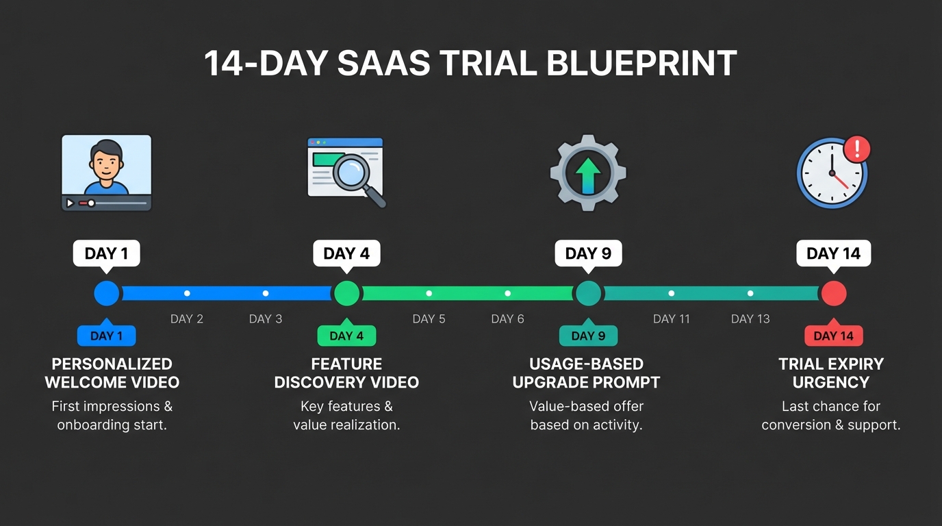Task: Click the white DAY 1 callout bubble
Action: coord(106,253)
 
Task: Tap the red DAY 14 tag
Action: coord(834,336)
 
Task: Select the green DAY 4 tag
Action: coord(346,336)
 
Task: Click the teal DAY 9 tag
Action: coord(588,336)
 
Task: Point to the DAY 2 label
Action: coord(187,319)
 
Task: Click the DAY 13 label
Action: coord(750,319)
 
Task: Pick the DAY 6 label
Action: coord(507,319)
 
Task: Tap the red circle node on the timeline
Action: coord(834,293)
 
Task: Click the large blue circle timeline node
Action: coord(106,293)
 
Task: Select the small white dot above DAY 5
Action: coord(429,293)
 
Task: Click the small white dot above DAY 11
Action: coord(671,293)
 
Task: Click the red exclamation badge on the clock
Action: coord(857,149)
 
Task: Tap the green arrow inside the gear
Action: coord(588,175)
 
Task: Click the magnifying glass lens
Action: coord(351,171)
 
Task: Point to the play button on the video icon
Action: coord(71,203)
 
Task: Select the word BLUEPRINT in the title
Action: coord(641,63)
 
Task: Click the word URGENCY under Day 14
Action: coord(831,382)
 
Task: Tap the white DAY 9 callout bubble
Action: coord(588,253)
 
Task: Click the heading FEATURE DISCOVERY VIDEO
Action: coord(346,373)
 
